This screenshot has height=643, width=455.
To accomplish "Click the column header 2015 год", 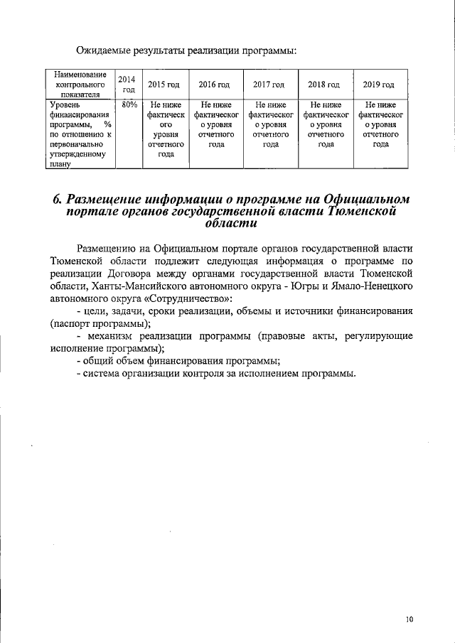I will click(x=164, y=85).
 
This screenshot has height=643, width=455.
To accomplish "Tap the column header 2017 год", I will click(x=270, y=85).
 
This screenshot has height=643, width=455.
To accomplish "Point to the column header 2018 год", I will click(x=325, y=85).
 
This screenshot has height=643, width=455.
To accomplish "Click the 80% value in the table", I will click(x=129, y=104).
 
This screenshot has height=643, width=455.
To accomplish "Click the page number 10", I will click(x=409, y=619).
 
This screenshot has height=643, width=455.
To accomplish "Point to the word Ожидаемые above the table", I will click(x=106, y=50).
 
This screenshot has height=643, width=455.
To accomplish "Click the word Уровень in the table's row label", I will click(x=64, y=104).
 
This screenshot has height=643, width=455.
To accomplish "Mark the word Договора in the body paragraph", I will click(x=159, y=272).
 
